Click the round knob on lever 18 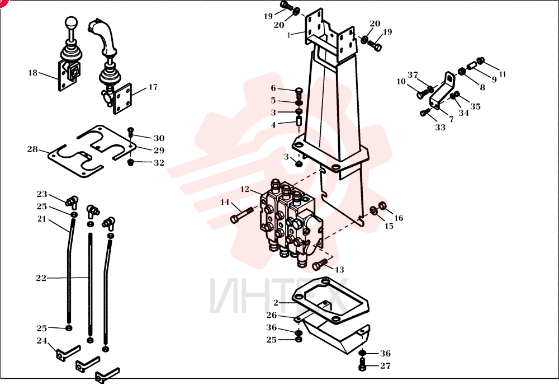[71, 22]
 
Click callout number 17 [153, 87]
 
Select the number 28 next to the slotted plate [32, 149]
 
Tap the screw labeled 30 [130, 132]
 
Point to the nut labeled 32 [130, 163]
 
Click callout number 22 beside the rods [41, 278]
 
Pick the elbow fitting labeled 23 [72, 202]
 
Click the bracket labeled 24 [68, 353]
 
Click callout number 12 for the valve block [245, 189]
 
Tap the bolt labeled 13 [320, 265]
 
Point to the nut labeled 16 [383, 206]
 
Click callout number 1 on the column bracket [289, 35]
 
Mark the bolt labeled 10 [423, 94]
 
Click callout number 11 [503, 74]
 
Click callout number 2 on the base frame [276, 303]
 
